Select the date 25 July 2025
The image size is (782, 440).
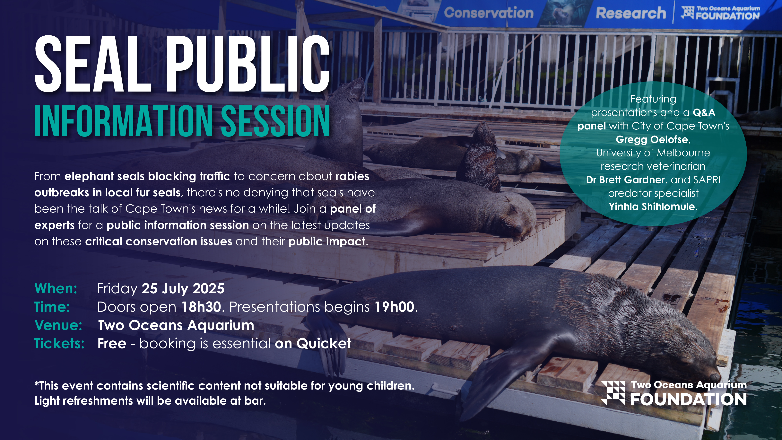click(x=183, y=288)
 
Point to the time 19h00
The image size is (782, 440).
click(x=394, y=307)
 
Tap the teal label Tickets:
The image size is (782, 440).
click(x=59, y=343)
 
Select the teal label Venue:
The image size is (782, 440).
click(x=58, y=325)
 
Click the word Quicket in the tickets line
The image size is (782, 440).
click(x=324, y=343)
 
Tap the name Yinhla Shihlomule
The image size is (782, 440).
click(x=653, y=207)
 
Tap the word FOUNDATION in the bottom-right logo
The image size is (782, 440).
click(x=688, y=400)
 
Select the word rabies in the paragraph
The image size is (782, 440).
click(x=352, y=176)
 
